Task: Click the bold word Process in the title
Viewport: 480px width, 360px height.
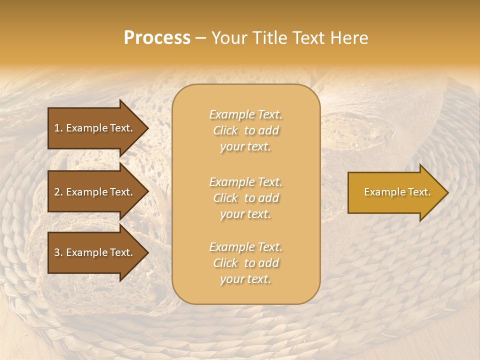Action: [x=157, y=38]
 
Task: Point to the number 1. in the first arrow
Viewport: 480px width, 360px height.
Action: [x=58, y=128]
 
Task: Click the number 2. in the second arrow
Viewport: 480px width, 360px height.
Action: [x=58, y=192]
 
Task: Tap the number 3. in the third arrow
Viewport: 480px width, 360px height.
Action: [x=58, y=252]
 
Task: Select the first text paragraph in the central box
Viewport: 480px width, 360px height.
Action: [x=245, y=130]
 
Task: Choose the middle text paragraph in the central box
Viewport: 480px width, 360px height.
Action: [x=245, y=198]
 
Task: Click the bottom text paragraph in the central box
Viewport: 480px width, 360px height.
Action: [x=245, y=263]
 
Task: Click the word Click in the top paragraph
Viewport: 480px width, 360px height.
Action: [x=225, y=131]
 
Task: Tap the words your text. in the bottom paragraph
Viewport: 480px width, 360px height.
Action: [x=245, y=279]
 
